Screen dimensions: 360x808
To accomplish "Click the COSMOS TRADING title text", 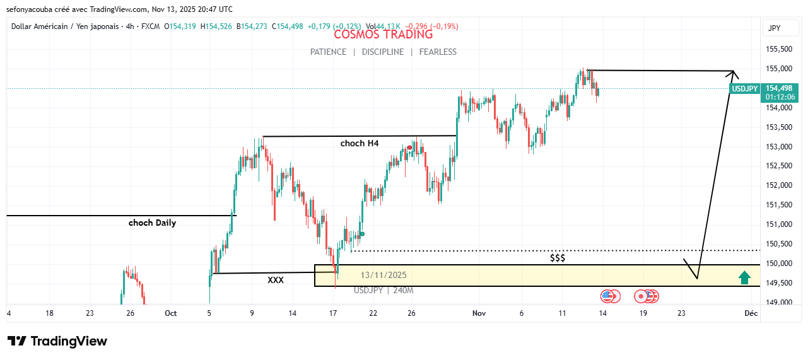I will (x=383, y=35).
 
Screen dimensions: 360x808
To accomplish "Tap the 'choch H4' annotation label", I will (x=360, y=143).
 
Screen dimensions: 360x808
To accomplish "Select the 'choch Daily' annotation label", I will (x=152, y=223).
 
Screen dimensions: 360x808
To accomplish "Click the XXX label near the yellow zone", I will (x=276, y=280).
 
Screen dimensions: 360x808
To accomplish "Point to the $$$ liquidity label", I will (x=558, y=258).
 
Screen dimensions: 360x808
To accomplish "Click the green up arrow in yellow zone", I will (x=745, y=276).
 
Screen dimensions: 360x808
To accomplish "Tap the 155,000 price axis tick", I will (x=778, y=69).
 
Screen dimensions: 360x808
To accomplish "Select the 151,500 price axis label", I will (x=778, y=205).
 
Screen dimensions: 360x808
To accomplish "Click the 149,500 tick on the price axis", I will (x=778, y=283).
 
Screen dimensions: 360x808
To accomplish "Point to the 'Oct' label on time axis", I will (x=170, y=313).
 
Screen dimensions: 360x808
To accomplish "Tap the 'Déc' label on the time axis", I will (x=751, y=313).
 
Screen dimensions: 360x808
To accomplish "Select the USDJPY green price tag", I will (x=744, y=89).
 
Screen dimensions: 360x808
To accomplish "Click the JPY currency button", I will (x=775, y=28).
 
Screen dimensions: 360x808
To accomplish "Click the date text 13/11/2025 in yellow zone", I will (x=384, y=275).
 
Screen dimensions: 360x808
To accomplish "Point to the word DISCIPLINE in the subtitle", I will (x=383, y=52).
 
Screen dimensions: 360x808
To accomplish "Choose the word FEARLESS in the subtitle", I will (x=438, y=52).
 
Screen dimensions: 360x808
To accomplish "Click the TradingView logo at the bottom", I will (x=57, y=341).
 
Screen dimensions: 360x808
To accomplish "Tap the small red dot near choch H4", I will (x=409, y=148).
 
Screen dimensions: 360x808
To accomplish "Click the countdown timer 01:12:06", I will (x=780, y=97).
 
